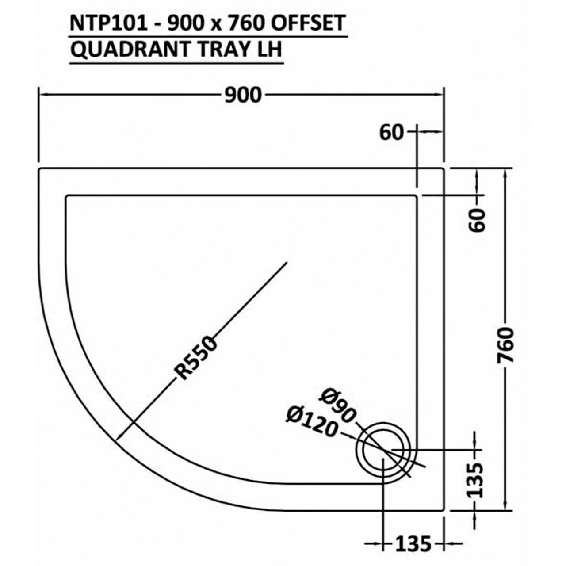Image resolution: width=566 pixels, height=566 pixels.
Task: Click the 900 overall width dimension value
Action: [243, 95]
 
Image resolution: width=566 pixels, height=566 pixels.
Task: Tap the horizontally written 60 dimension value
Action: [392, 132]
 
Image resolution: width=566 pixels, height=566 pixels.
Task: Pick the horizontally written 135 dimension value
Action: [413, 543]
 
